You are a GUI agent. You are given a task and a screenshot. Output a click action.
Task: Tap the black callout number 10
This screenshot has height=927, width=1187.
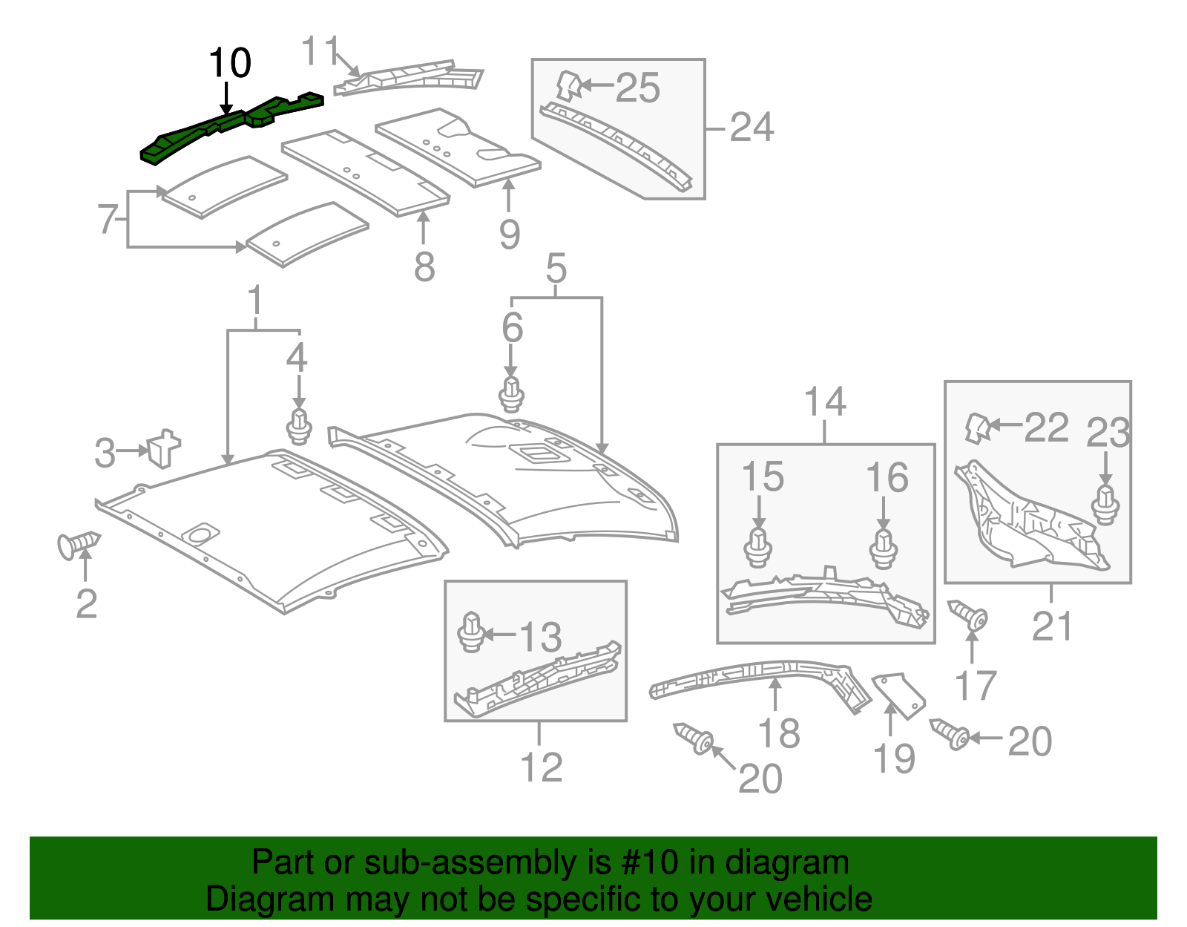pyautogui.click(x=230, y=63)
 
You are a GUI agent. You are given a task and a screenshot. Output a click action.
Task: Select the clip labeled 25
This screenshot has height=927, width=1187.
pyautogui.click(x=568, y=85)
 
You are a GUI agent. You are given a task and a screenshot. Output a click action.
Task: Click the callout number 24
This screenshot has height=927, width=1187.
pyautogui.click(x=752, y=128)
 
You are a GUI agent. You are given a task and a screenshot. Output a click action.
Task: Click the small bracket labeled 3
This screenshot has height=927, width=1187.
pyautogui.click(x=164, y=448)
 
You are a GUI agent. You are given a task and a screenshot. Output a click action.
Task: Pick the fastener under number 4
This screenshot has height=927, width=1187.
pyautogui.click(x=298, y=426)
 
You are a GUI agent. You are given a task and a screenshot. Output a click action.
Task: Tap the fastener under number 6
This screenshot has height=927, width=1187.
pyautogui.click(x=511, y=394)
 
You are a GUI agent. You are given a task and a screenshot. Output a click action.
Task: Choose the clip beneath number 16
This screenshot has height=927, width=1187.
pyautogui.click(x=883, y=548)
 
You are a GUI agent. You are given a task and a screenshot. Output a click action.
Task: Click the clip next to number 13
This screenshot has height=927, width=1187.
pyautogui.click(x=471, y=632)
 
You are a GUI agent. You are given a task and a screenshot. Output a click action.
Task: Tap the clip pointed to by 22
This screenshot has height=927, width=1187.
pyautogui.click(x=976, y=428)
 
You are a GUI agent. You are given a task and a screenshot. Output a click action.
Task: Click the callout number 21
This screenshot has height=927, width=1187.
pyautogui.click(x=1052, y=627)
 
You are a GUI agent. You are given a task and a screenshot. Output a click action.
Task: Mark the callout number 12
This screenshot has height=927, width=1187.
pyautogui.click(x=541, y=767)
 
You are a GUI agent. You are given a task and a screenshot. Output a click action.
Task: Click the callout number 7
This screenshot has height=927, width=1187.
pyautogui.click(x=108, y=220)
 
